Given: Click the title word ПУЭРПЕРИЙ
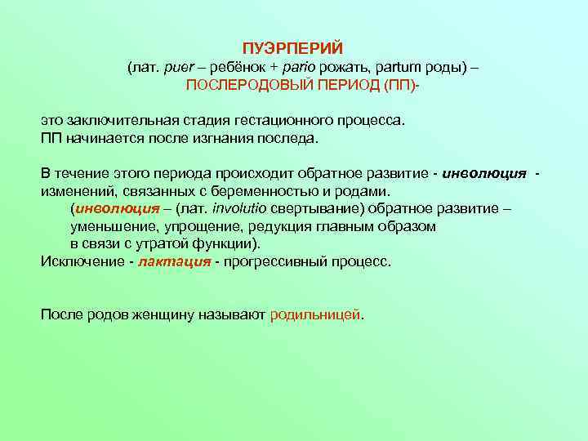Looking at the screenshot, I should (x=298, y=49).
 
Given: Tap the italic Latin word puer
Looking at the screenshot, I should (x=179, y=67).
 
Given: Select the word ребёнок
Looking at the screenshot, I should (x=237, y=67).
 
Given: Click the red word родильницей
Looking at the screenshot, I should (x=315, y=314).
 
